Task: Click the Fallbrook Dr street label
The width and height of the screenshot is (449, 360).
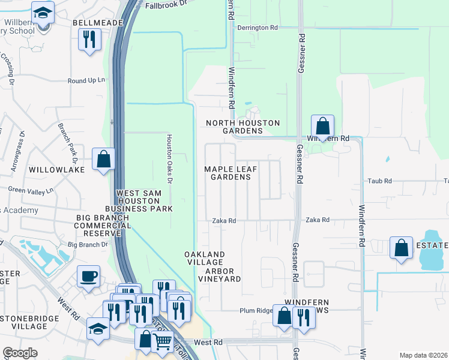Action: coord(166,5)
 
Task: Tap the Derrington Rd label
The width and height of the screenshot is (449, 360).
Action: coord(258,28)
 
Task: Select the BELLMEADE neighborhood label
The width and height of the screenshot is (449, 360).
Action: coord(97,23)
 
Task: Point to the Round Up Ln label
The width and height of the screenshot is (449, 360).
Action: coord(86,80)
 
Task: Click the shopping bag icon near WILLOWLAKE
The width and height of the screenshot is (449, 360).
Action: coord(103,160)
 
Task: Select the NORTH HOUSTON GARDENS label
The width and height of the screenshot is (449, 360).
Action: coord(243,127)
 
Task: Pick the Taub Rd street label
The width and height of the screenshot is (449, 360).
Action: coord(379,181)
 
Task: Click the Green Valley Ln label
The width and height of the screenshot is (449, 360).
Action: coord(31,190)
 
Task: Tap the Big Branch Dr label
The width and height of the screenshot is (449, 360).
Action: coord(87,245)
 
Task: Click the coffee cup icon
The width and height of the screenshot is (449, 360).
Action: coord(89,277)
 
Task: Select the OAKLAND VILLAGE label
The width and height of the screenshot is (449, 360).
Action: coord(205,259)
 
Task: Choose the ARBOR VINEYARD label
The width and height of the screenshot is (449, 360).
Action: coord(220,275)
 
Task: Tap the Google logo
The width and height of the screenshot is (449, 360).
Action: coord(20,353)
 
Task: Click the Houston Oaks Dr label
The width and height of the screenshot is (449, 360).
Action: coord(169,158)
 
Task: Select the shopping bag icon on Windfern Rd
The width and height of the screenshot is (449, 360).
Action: coord(322,127)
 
